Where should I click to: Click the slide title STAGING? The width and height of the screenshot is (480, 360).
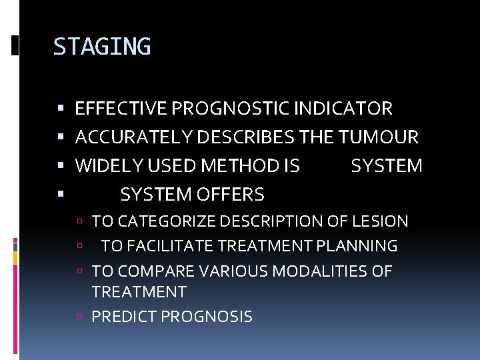tap(102, 47)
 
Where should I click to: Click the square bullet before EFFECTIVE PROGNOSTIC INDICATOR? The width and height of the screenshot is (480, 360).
tap(61, 109)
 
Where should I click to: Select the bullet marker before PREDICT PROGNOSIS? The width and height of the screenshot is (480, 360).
tap(79, 317)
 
